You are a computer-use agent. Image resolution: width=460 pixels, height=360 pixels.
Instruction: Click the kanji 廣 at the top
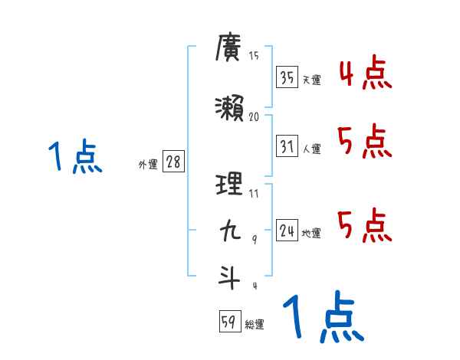[x=229, y=50]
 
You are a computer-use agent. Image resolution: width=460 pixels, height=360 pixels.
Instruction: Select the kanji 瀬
[x=229, y=110]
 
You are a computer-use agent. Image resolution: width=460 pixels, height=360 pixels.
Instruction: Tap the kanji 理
[x=229, y=185]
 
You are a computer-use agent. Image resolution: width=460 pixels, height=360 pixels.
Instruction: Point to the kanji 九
[x=229, y=231]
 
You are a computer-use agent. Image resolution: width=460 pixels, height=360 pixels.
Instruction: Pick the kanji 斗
[x=229, y=276]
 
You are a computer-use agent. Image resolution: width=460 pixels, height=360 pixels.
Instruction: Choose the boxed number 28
[x=173, y=163]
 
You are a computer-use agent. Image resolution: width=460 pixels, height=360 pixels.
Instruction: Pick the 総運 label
[x=255, y=325]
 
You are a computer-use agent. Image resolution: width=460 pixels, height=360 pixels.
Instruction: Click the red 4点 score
[x=365, y=76]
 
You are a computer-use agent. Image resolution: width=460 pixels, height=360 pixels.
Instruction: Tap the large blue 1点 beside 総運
[x=323, y=319]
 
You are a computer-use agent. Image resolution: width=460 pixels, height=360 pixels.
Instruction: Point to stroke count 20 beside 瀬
[x=255, y=118]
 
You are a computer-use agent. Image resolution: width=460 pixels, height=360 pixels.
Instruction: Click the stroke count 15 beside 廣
[x=254, y=56]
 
